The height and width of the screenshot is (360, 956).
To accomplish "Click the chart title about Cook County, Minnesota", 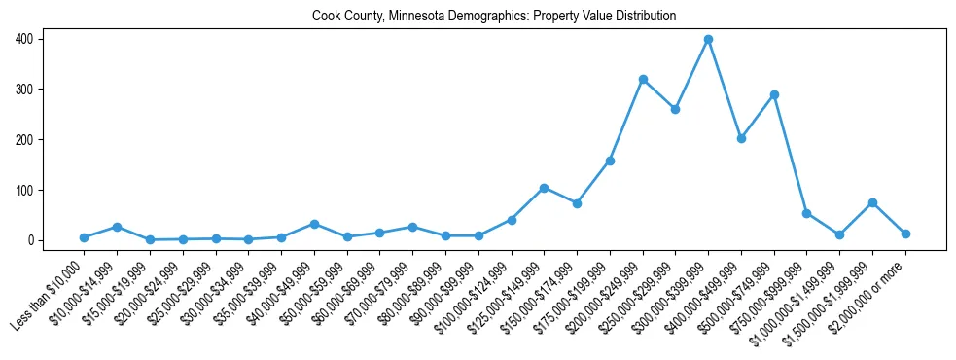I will click(494, 17).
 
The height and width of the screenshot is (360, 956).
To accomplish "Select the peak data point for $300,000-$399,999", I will click(708, 39).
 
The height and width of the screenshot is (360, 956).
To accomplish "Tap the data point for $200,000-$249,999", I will click(643, 79).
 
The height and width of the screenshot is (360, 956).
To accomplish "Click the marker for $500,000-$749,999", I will click(774, 94).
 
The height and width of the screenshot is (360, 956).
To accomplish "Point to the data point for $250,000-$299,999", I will click(675, 109).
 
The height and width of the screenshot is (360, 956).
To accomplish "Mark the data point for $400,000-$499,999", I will click(741, 138).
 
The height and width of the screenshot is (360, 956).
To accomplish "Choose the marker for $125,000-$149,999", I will click(544, 188).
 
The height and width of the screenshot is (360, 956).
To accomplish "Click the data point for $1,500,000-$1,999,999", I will click(872, 202).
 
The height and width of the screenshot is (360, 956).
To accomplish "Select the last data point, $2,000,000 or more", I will click(905, 234).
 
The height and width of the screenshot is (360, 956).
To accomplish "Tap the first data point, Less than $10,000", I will click(84, 237).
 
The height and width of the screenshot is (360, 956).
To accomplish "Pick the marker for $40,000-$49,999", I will click(314, 224).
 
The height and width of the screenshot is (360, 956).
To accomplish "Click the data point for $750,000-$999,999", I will click(806, 213).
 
